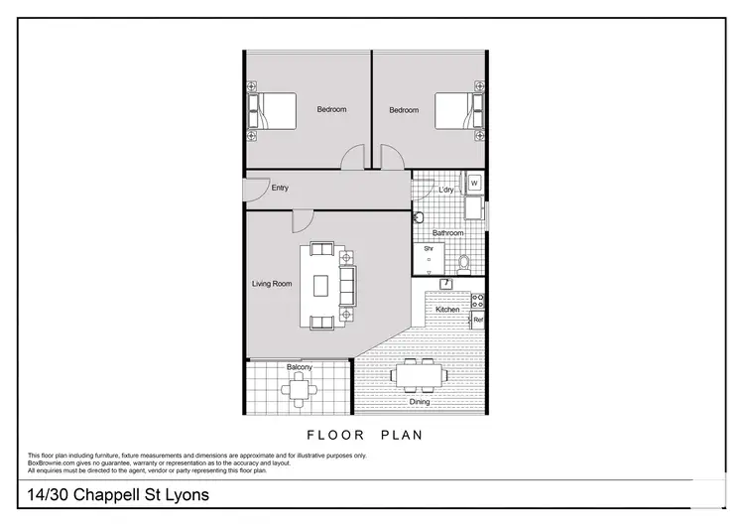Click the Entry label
[279, 188]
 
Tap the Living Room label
[272, 284]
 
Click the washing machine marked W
[474, 184]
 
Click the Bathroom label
[447, 233]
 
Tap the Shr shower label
[429, 248]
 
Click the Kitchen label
[447, 310]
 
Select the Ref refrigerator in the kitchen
[477, 320]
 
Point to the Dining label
[420, 402]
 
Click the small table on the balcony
[299, 390]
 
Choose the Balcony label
[299, 367]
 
